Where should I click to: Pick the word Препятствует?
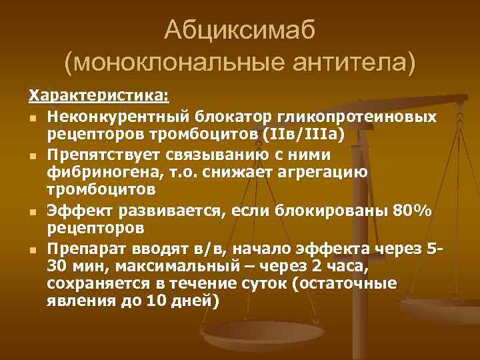coord(99,155)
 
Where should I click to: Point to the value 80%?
coord(411,211)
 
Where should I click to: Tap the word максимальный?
coord(140,267)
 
